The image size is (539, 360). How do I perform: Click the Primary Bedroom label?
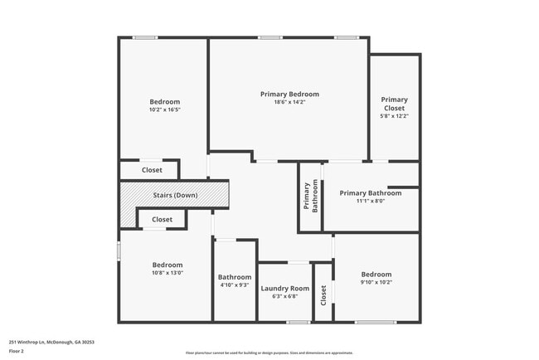(289, 95)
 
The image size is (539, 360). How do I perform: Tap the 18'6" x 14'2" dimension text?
(289, 102)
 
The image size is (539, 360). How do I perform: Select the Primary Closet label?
(395, 104)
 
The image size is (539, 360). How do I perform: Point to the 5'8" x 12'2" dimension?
(395, 116)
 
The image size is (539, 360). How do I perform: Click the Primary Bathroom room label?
(371, 193)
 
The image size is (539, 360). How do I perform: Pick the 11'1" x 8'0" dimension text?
(371, 201)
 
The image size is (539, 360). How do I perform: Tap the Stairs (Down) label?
(175, 195)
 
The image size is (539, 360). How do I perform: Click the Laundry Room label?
(284, 289)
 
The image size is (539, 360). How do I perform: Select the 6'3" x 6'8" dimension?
(284, 296)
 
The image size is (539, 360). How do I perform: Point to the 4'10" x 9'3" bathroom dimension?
(235, 285)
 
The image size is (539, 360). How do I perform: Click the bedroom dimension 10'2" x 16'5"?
(164, 109)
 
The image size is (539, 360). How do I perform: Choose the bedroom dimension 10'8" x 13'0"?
(167, 272)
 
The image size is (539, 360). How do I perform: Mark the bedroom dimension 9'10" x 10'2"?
(376, 282)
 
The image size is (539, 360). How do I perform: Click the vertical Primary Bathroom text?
(310, 197)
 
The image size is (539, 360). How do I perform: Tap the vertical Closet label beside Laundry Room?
(324, 293)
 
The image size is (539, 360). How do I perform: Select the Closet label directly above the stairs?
(152, 170)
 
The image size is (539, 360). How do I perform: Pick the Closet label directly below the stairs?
(163, 220)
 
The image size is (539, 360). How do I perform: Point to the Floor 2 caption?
(17, 351)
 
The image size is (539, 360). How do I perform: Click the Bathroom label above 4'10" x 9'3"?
(235, 277)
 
